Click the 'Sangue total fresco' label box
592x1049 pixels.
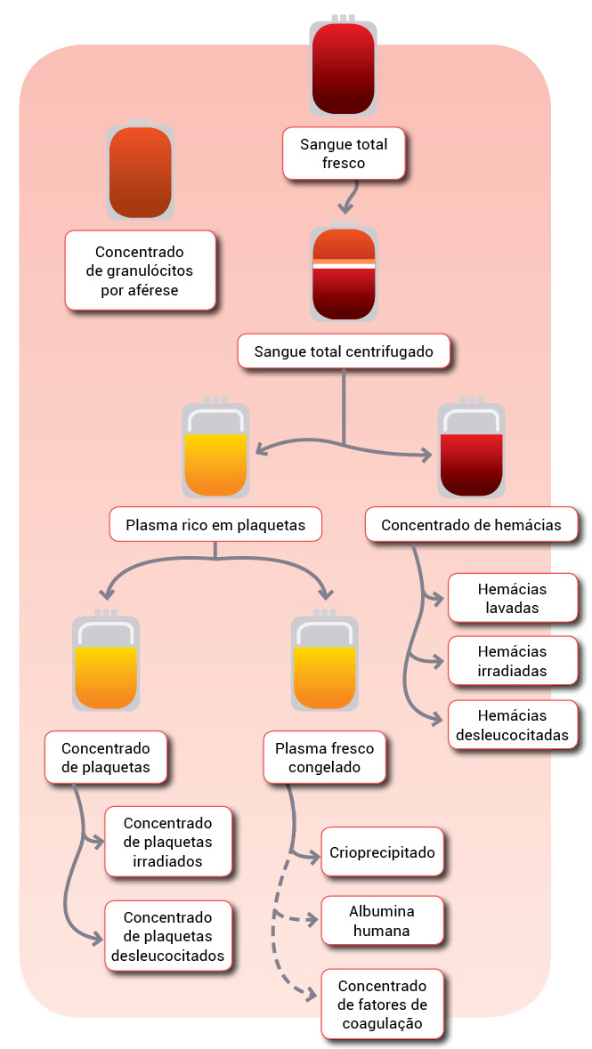pos(344,153)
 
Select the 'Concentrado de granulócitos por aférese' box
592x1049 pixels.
pos(141,270)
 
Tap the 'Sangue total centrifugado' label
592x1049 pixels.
pos(344,351)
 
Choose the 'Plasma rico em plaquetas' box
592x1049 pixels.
pos(215,525)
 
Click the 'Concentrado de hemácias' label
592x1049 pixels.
pos(471,525)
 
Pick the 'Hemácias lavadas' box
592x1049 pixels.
pos(512,599)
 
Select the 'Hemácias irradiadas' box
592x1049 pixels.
pos(512,662)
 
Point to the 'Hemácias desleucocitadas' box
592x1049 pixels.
pos(512,725)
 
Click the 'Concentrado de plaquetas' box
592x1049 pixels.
pos(106,757)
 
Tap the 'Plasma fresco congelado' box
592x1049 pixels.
pos(325,757)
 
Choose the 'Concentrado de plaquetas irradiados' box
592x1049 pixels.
pos(167,841)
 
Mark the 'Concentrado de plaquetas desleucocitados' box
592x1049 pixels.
pos(167,936)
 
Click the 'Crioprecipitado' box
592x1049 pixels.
pos(382,852)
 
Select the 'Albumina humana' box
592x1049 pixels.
pos(382,921)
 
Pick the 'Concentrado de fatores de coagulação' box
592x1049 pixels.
pos(382,1005)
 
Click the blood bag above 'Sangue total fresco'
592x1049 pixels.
pos(344,68)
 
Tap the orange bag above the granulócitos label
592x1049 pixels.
pos(140,172)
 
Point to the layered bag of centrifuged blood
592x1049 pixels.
pos(344,272)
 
